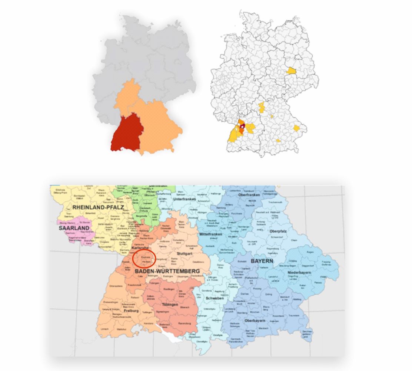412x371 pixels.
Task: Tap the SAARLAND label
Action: click(74, 228)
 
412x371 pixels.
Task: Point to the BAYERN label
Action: click(262, 261)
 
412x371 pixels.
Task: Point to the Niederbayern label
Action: click(299, 273)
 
